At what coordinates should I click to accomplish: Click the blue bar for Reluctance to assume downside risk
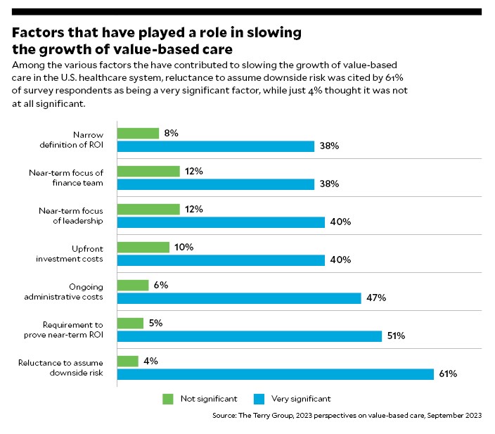(x=275, y=374)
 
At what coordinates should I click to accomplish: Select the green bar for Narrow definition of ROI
(x=138, y=133)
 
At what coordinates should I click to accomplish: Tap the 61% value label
(x=449, y=374)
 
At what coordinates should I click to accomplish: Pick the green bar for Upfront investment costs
(x=143, y=247)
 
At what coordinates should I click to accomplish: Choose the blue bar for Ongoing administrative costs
(x=238, y=298)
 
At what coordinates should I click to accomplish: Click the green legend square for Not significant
(x=168, y=399)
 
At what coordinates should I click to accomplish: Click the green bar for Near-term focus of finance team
(x=148, y=171)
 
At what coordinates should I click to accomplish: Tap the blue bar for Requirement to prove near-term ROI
(x=249, y=336)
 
